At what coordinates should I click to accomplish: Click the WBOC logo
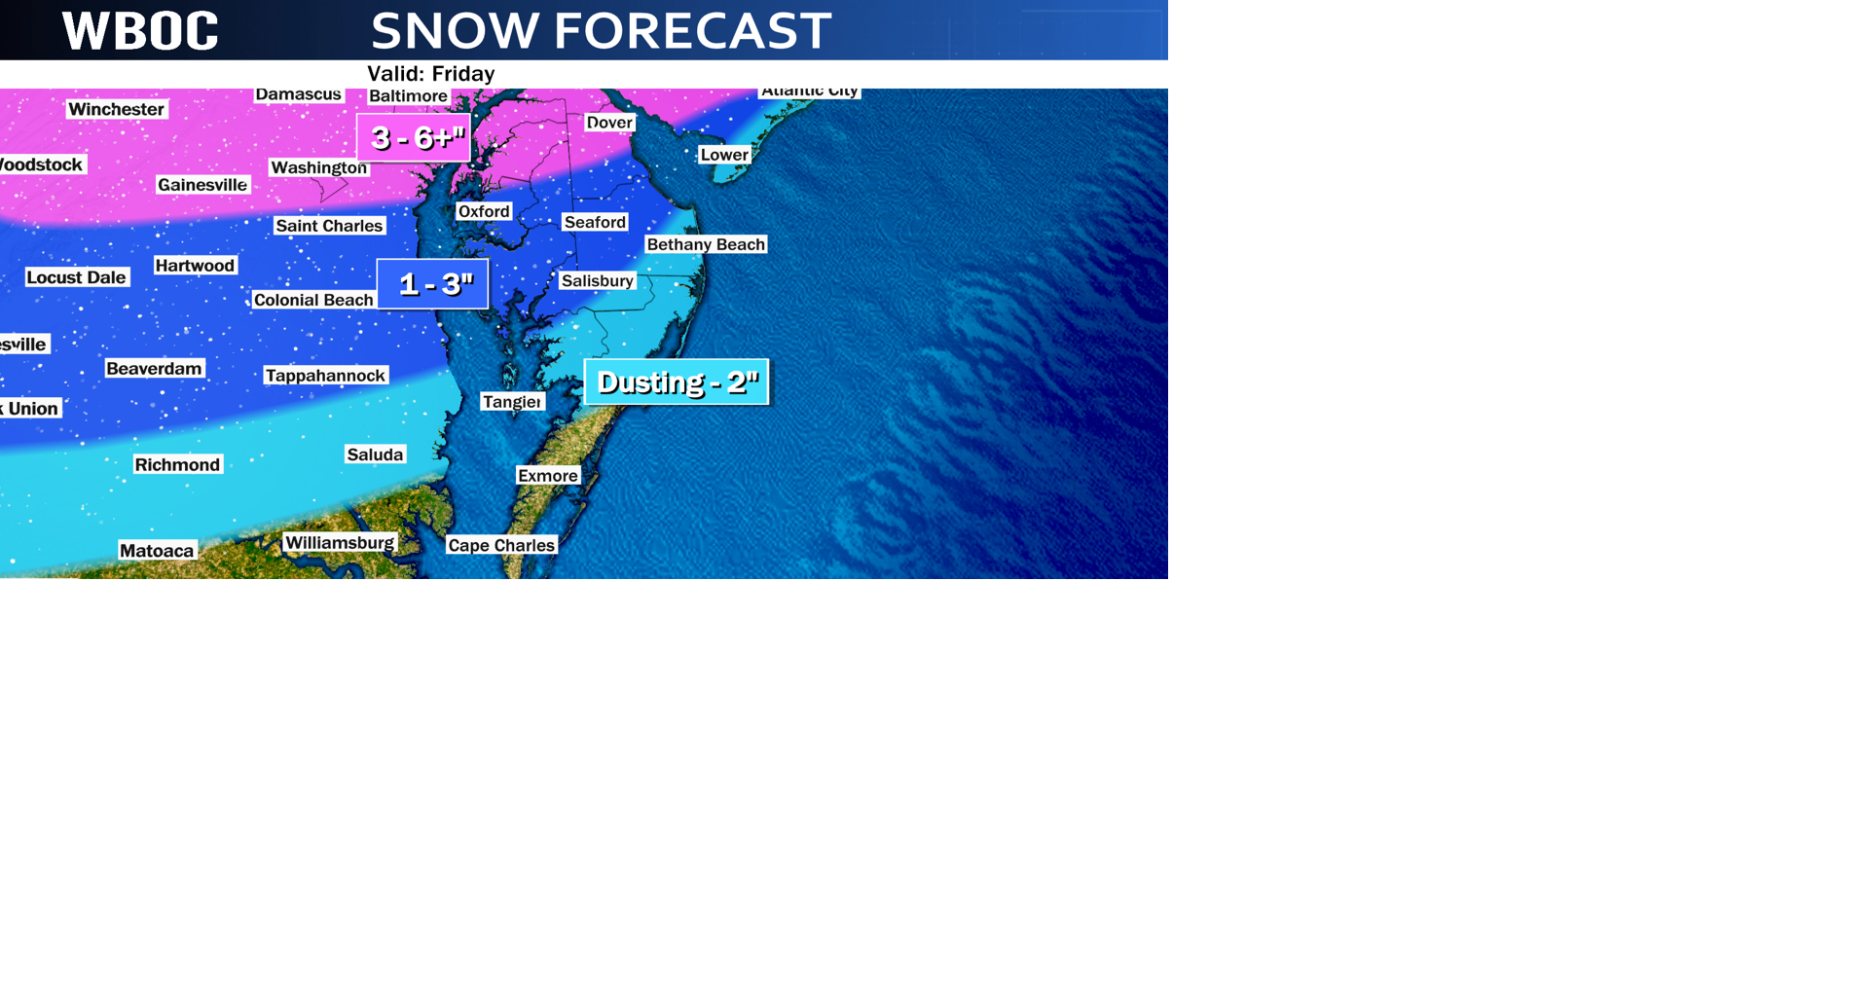coord(140,31)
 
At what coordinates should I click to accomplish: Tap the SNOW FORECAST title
coord(601,31)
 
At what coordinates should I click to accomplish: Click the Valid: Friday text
coord(430,74)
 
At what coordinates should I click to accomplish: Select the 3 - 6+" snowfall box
coord(414,137)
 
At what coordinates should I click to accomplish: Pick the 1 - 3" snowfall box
coord(433,284)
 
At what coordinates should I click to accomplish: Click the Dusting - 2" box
coord(677,381)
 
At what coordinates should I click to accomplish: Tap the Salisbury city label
coord(598,281)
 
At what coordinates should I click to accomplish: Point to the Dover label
coord(610,123)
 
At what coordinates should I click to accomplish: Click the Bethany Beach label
coord(706,244)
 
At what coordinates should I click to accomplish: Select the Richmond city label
coord(177,465)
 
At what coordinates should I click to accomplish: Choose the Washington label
coord(318,167)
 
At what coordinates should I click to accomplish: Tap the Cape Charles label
coord(501,545)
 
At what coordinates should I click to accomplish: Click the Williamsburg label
coord(340,543)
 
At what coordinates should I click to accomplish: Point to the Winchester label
coord(117,109)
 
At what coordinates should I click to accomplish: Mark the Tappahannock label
coord(326,376)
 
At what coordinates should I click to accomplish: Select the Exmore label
coord(548,476)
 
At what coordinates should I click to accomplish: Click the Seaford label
coord(595,222)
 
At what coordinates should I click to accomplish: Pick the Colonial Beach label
coord(313,300)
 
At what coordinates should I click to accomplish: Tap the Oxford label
coord(484,211)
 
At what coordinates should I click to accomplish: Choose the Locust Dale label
coord(76,277)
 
